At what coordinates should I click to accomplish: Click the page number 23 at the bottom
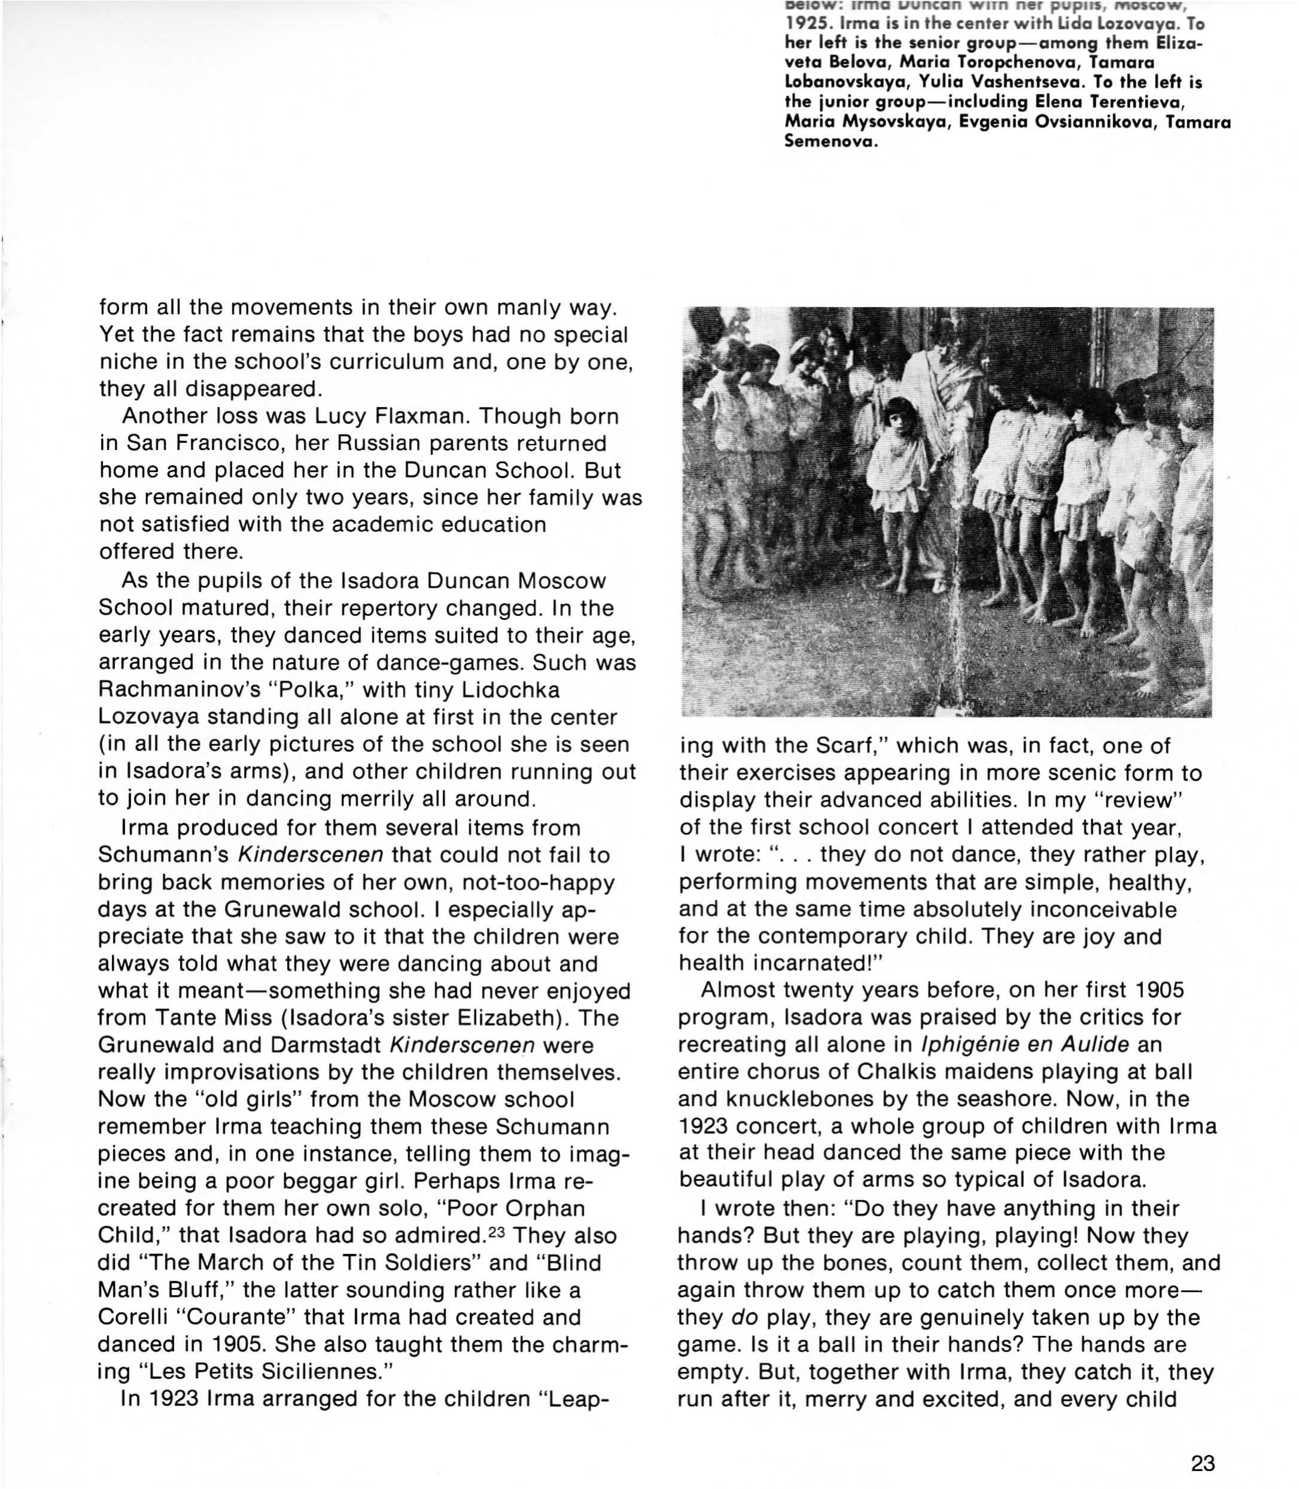[1203, 1463]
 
